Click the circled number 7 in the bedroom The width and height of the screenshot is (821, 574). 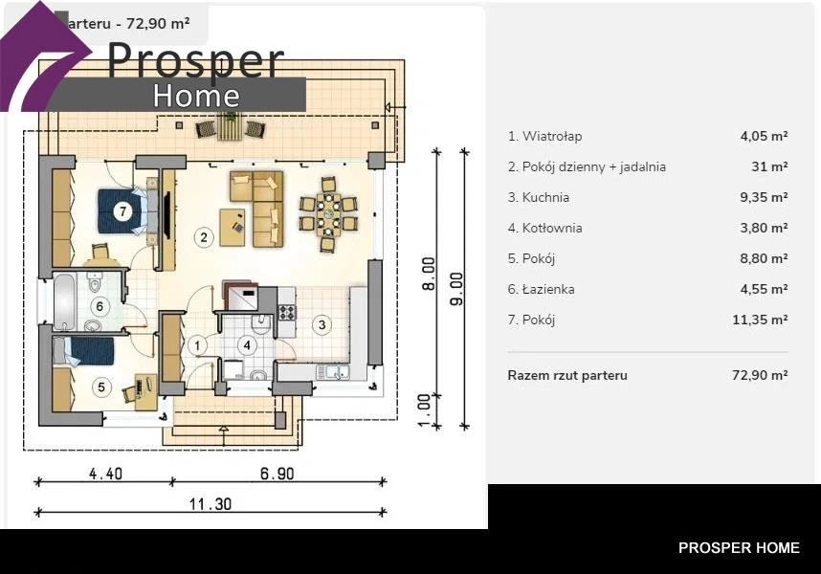click(x=123, y=211)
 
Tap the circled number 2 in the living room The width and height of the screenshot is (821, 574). click(x=204, y=237)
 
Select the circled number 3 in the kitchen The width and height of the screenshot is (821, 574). click(x=322, y=325)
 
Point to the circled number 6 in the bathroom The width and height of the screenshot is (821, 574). click(x=100, y=307)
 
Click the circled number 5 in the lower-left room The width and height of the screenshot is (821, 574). click(x=101, y=387)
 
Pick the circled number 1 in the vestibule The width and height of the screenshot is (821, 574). click(x=197, y=345)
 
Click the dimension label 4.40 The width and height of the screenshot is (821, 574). click(x=106, y=474)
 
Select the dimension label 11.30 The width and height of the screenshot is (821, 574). click(x=211, y=504)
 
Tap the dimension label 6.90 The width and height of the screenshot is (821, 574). click(x=277, y=474)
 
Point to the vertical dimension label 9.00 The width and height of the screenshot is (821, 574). click(x=456, y=289)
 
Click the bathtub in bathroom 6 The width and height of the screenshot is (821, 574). click(x=65, y=302)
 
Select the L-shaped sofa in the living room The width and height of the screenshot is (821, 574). click(x=257, y=209)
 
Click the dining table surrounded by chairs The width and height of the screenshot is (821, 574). click(x=328, y=214)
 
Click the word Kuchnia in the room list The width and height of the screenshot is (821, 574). click(x=545, y=197)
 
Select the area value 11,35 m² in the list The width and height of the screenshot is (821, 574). click(x=761, y=320)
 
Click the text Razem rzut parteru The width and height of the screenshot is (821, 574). click(x=567, y=375)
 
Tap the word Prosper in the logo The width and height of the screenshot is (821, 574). click(x=196, y=59)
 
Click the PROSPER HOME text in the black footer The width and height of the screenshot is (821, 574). click(x=740, y=548)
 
